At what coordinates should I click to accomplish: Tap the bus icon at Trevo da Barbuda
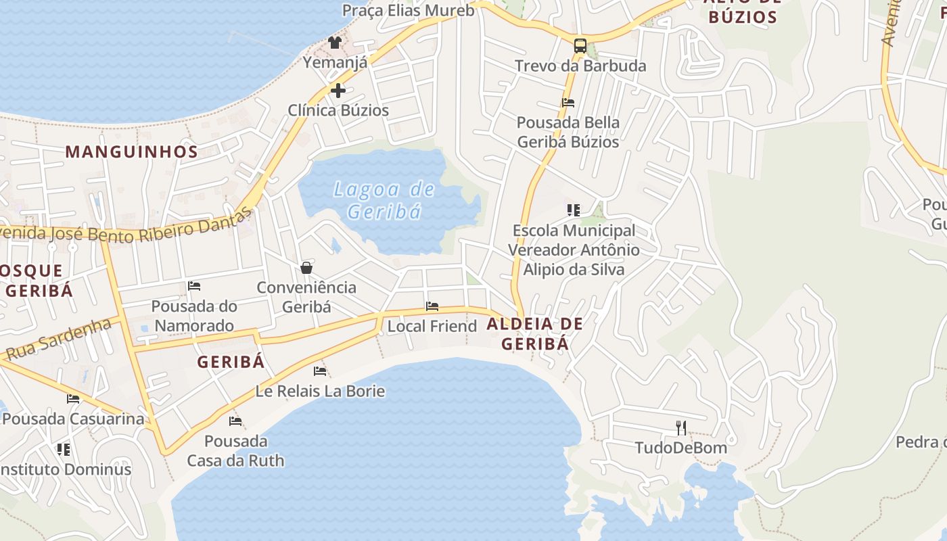[580, 46]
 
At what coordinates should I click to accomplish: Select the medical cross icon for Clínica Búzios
[338, 91]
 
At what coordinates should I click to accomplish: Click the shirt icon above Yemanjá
[334, 43]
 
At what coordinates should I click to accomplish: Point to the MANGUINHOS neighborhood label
[132, 151]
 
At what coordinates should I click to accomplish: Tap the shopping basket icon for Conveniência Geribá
[306, 268]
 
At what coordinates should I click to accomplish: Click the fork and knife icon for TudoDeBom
[681, 427]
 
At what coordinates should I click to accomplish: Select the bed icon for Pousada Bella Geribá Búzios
[568, 103]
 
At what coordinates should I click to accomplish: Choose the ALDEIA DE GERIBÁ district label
[534, 334]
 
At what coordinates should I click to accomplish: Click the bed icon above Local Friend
[432, 306]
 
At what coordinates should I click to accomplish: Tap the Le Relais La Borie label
[320, 391]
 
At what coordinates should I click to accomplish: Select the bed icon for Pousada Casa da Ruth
[235, 421]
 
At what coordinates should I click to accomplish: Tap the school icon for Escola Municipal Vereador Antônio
[574, 210]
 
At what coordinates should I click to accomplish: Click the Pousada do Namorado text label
[194, 316]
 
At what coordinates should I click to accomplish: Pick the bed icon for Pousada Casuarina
[73, 399]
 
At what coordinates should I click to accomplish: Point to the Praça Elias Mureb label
[408, 10]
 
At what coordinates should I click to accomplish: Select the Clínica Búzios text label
[338, 110]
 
